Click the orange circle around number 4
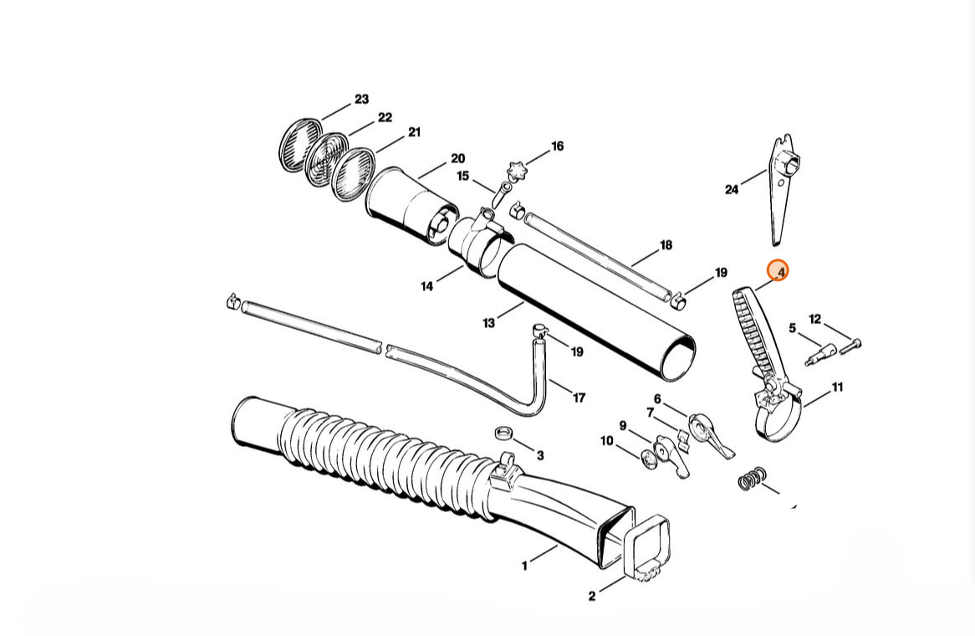778,271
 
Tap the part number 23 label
361,99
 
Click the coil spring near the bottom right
752,479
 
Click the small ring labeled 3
503,433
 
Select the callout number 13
488,323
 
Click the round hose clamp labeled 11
777,413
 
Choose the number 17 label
579,397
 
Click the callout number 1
525,566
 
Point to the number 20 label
457,158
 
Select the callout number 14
427,286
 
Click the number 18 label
666,245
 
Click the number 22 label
385,117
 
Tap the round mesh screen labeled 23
300,145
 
